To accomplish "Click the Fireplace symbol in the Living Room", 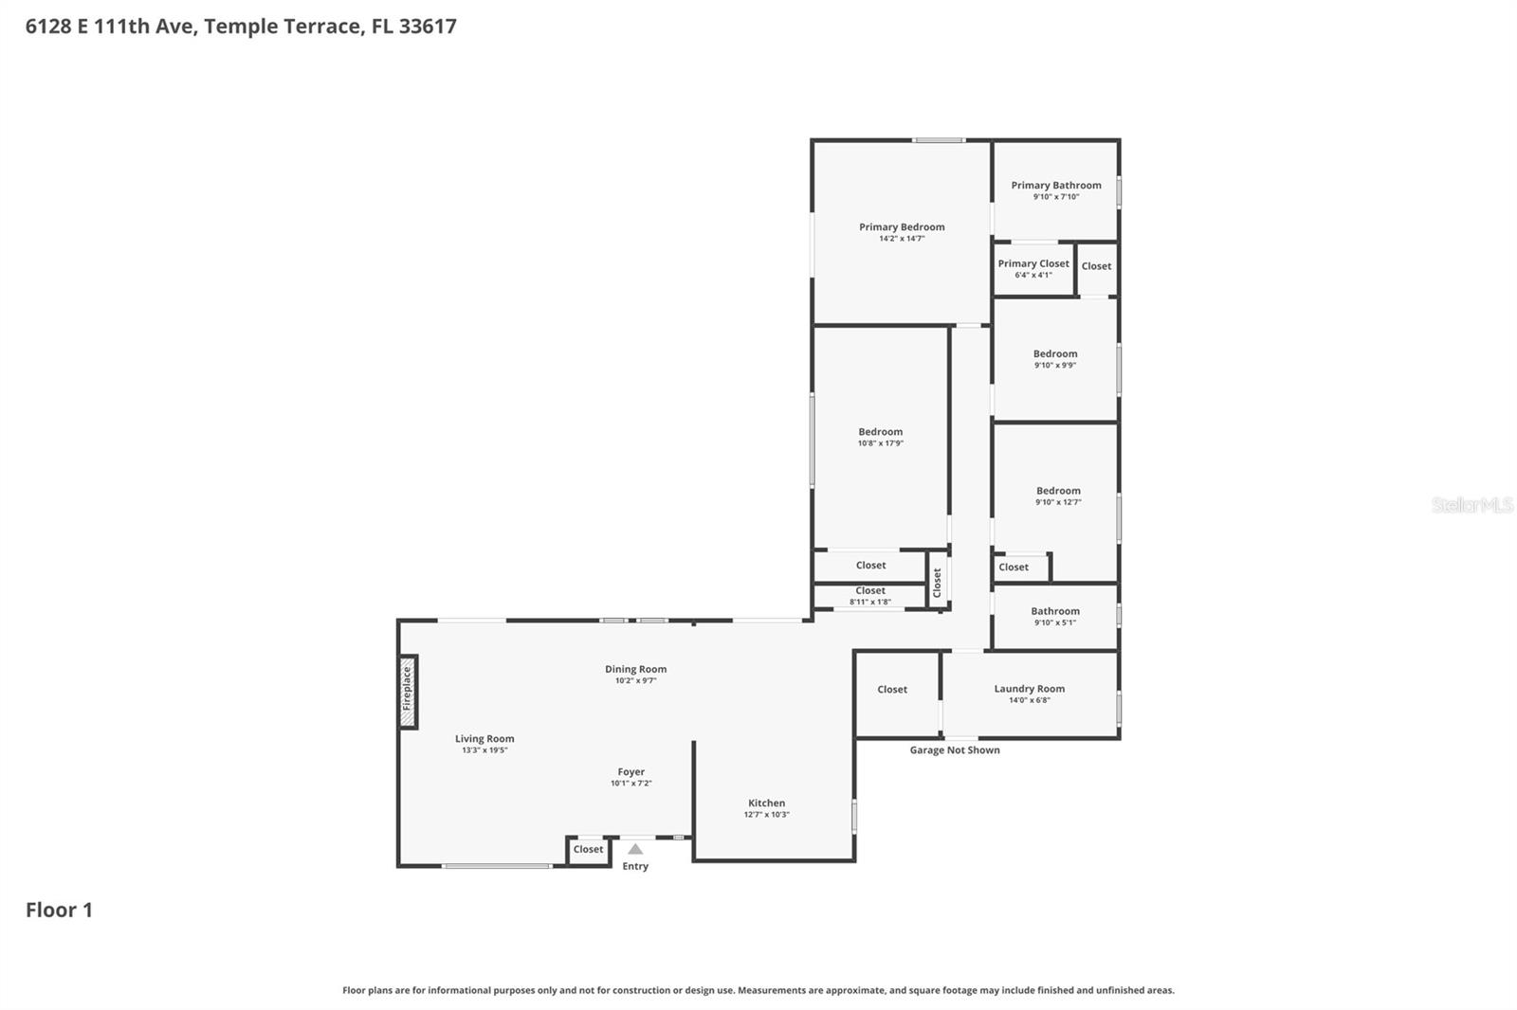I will (408, 691).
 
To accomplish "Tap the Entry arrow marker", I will (635, 849).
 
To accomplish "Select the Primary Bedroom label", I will (902, 227).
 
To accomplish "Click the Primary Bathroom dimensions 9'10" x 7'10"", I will (1056, 197).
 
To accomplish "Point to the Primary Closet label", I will (1033, 263).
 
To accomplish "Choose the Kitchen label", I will (766, 803).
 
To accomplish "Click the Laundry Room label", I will (1029, 689).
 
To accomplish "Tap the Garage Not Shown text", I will (955, 750).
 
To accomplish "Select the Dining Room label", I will (635, 669).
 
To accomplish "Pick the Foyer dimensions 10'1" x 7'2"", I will (631, 784).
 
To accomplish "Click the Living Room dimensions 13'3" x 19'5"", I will (484, 750).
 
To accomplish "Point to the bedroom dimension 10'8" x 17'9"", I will (881, 443).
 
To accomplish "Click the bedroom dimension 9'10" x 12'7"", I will (1058, 502).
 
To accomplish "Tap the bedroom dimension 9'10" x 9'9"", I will (1055, 365).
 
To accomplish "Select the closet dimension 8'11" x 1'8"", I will (870, 602).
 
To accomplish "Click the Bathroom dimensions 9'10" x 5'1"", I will (1055, 622).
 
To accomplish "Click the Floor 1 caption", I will (59, 911).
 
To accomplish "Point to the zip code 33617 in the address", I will (428, 27).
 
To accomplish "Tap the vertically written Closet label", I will (937, 582).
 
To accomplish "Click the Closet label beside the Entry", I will (588, 850).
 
